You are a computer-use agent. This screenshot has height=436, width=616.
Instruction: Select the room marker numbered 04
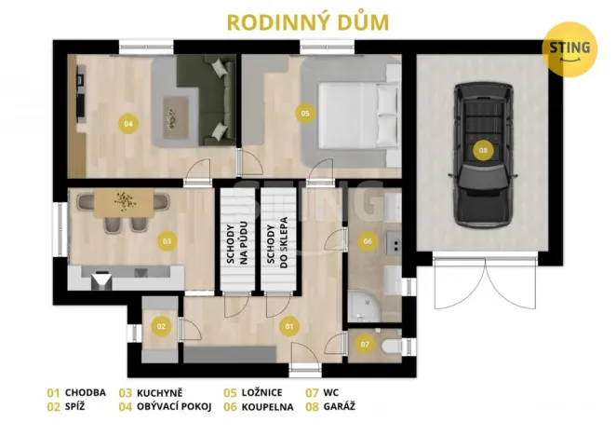tap(127, 122)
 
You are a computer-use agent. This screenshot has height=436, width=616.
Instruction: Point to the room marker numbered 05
tap(303, 113)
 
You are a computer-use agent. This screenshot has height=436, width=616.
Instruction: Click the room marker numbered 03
tap(167, 241)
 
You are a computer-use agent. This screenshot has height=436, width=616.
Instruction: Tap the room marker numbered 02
tap(161, 325)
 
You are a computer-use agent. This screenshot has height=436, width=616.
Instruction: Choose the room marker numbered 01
tap(288, 326)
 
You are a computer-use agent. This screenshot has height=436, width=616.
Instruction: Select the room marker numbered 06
tap(368, 241)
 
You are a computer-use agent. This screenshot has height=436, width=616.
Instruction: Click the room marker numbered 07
tap(365, 344)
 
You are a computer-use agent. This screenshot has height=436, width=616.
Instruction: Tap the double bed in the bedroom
tap(358, 112)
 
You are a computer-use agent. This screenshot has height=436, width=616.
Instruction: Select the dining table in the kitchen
tap(123, 202)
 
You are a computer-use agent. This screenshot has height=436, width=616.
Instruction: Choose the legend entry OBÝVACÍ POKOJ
tap(165, 407)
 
